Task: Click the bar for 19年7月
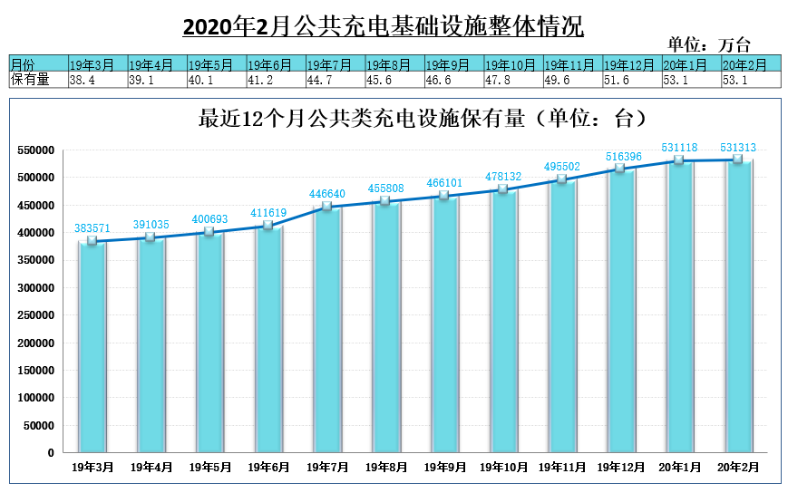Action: coord(327,329)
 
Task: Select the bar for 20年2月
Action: coord(738,306)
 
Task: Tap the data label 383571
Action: coord(92,228)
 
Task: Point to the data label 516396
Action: coord(624,157)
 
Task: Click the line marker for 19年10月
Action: coord(503,189)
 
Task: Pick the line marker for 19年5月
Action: coord(209,231)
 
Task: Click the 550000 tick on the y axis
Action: coord(35,150)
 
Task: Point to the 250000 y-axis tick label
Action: coord(35,315)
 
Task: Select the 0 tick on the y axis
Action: coord(51,453)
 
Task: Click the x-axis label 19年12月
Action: coord(620,468)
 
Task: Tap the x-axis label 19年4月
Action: coord(151,468)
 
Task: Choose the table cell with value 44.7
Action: coord(336,80)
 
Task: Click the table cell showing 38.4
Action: coord(99,80)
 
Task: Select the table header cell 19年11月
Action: coord(573,63)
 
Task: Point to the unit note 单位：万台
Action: coord(708,44)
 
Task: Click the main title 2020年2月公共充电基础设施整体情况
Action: coord(383,25)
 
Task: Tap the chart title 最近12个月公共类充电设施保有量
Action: coord(361,119)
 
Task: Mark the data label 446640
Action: coord(327,194)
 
